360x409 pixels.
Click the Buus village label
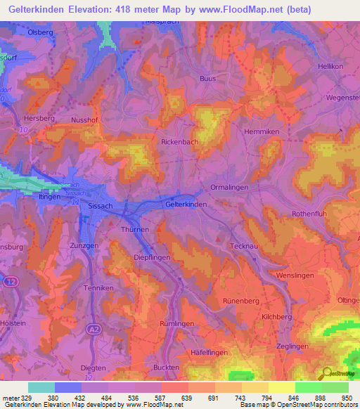207,78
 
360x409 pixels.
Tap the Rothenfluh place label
310,214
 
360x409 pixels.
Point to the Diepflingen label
152,258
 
